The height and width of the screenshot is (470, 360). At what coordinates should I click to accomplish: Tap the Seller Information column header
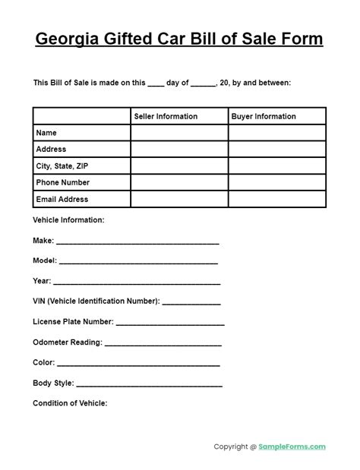(166, 116)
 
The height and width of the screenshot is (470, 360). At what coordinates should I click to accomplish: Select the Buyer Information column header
(264, 116)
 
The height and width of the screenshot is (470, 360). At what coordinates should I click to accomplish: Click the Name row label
(46, 133)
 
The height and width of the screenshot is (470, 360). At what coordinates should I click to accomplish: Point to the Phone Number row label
(62, 182)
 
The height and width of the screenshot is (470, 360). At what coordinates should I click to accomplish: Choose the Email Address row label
(62, 199)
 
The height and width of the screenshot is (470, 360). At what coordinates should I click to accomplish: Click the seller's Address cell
(179, 150)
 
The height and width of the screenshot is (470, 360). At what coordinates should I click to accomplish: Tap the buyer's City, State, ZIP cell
(276, 166)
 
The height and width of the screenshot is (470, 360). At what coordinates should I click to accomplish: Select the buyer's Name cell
(276, 133)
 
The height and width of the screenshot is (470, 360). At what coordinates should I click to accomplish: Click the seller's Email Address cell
(179, 199)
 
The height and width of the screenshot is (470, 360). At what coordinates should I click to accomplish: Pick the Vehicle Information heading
(68, 220)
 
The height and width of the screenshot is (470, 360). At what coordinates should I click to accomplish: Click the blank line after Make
(137, 243)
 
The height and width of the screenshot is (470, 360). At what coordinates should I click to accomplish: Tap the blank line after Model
(139, 263)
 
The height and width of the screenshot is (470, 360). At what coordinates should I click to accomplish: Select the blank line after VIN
(191, 304)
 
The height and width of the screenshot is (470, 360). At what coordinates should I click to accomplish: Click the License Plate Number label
(73, 322)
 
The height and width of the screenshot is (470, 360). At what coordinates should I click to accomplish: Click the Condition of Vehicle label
(70, 403)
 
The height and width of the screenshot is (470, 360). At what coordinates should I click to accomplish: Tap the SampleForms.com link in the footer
(293, 447)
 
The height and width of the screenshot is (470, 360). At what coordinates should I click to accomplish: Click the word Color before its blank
(43, 363)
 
